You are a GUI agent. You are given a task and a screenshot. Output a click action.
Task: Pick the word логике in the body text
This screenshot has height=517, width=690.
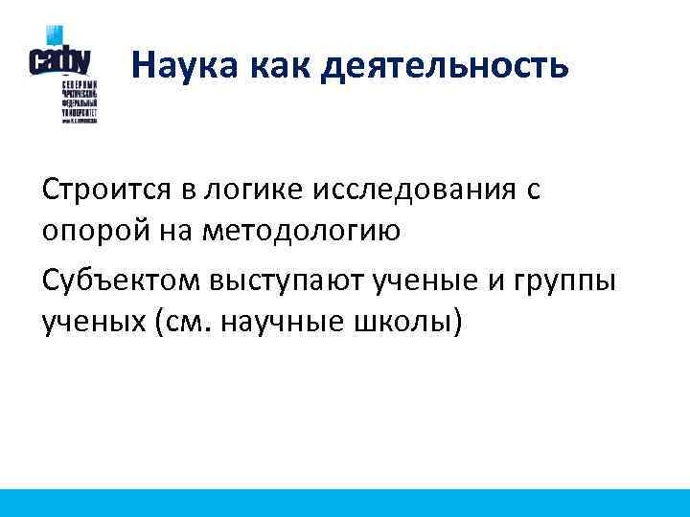pyautogui.click(x=264, y=191)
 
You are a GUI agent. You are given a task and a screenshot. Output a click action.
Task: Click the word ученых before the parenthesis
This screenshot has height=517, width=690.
pyautogui.click(x=91, y=323)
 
